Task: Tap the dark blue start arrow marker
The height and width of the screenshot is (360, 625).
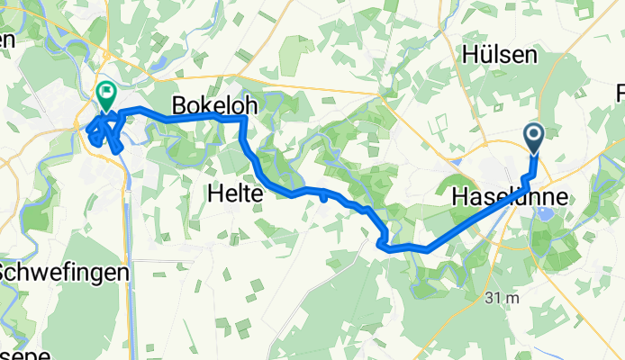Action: click(x=533, y=137)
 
